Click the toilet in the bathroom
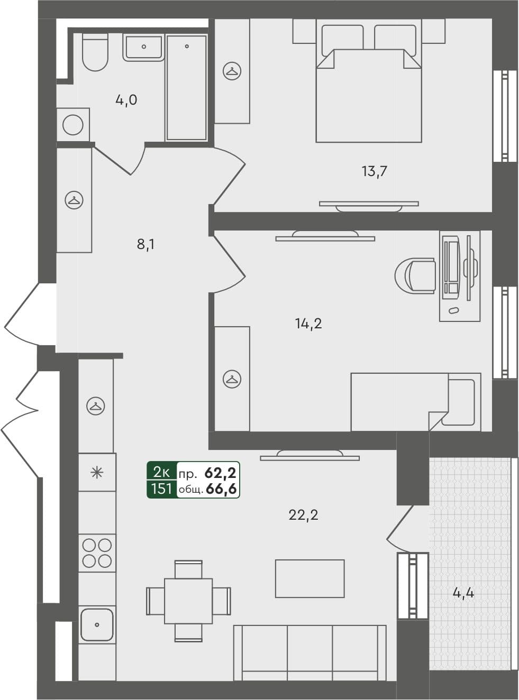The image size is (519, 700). tap(96, 53)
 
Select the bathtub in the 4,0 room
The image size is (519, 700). tap(186, 88)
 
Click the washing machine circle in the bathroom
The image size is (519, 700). tap(73, 125)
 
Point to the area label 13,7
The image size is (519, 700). tap(375, 171)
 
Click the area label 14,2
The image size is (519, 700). tap(308, 324)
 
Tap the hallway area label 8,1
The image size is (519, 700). tap(145, 244)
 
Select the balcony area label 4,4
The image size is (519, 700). tap(463, 593)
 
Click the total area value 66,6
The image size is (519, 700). tap(221, 490)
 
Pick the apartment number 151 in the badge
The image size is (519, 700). tap(161, 489)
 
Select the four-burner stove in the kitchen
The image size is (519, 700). tap(97, 552)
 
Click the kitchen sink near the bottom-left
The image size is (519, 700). tap(97, 624)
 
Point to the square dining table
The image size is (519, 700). tap(188, 601)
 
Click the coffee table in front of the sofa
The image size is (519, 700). tap(309, 579)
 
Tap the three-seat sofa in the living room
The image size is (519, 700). tap(310, 653)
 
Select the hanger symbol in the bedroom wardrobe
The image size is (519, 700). tap(232, 71)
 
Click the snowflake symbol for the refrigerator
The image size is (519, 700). tap(97, 472)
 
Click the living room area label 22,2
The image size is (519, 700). tap(303, 514)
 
